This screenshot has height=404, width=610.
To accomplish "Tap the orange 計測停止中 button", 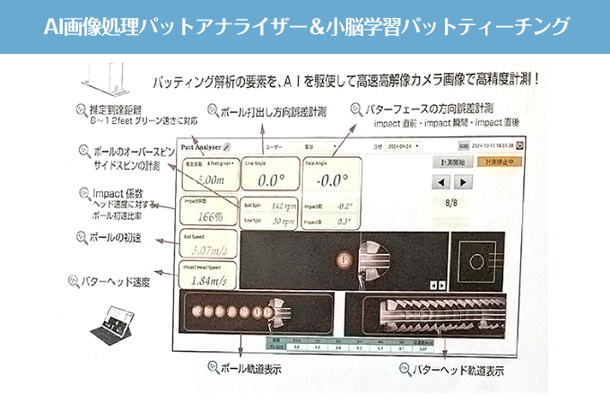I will click(x=499, y=162).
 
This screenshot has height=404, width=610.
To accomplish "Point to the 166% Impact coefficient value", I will click(x=209, y=216).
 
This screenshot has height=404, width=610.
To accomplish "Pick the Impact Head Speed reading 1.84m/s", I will click(x=209, y=282).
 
